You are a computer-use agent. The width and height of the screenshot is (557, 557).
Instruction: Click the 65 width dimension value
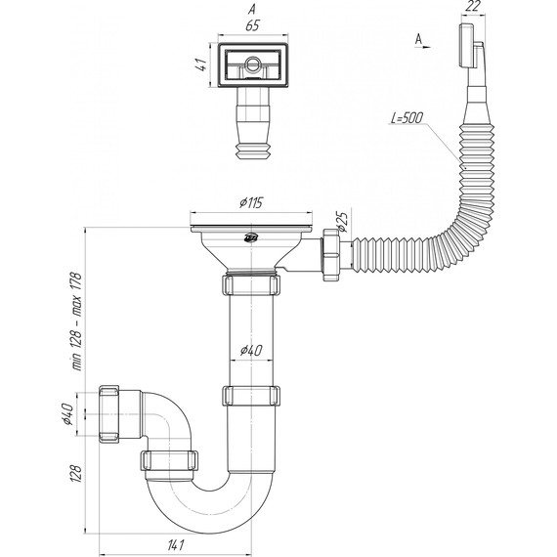coord(252,26)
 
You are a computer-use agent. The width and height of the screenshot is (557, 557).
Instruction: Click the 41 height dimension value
coord(202,64)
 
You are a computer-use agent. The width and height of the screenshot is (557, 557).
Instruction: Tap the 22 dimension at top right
coord(473,7)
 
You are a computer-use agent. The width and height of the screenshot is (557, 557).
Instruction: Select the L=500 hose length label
coord(407,117)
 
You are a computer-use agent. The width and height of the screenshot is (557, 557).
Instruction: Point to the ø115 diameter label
coord(251,203)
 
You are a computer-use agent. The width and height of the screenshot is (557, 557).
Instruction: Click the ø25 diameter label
coord(341,222)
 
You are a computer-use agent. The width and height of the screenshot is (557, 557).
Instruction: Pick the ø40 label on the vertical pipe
coord(251,351)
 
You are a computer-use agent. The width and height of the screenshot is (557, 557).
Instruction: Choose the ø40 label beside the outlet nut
coord(67,414)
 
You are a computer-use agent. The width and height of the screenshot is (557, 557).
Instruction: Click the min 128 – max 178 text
coord(77,321)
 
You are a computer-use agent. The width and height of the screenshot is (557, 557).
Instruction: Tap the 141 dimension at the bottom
coord(175,544)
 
